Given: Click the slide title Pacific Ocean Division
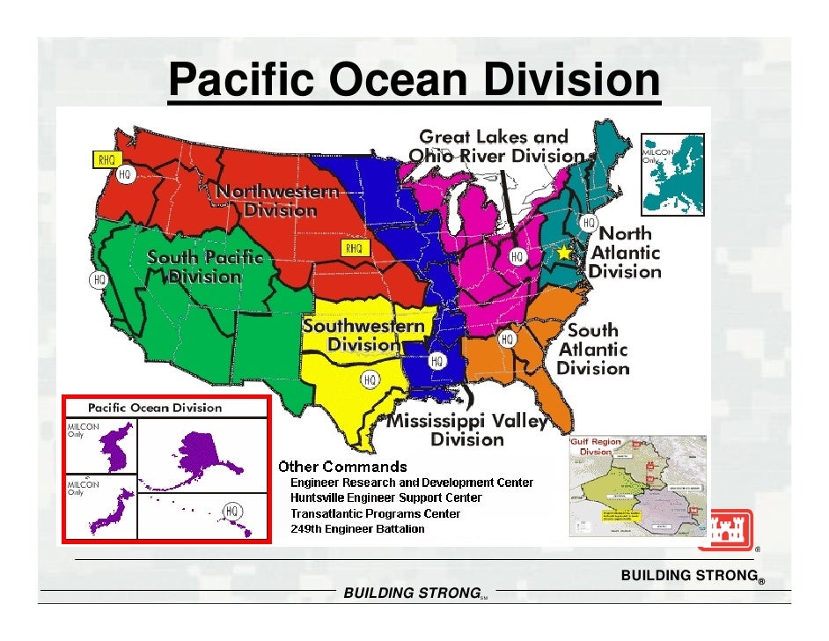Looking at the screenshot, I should click(413, 81).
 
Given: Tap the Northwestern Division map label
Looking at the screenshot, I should click(278, 201).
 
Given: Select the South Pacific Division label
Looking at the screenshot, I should click(204, 267).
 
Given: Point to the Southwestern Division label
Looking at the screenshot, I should click(363, 335).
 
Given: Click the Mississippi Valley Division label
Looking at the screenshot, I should click(467, 430).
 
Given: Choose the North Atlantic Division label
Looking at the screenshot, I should click(625, 253).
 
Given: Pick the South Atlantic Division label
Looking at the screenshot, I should click(593, 349).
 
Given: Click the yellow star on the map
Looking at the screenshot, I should click(564, 252).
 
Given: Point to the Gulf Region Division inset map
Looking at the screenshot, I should click(637, 485).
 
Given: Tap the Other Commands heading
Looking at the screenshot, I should click(343, 466).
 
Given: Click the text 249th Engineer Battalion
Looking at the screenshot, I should click(357, 529).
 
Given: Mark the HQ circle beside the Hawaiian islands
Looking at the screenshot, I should click(231, 511).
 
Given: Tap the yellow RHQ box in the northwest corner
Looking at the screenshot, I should click(106, 159).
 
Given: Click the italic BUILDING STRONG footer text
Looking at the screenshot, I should click(410, 593).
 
